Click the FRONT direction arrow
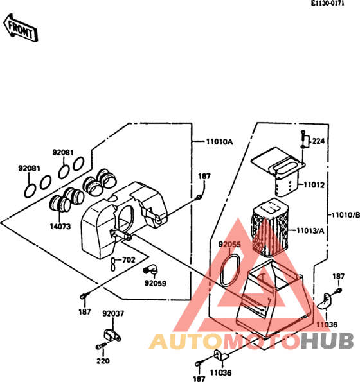click(21, 28)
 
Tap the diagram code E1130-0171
click(327, 4)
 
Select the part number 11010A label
click(219, 141)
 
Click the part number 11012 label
click(314, 185)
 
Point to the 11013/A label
click(310, 230)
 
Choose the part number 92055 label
click(230, 244)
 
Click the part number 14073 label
click(60, 227)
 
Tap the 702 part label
click(129, 260)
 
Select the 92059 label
click(156, 283)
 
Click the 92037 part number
click(113, 313)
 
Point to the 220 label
click(103, 361)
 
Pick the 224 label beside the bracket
click(318, 141)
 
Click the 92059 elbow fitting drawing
click(150, 270)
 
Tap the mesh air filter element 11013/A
click(269, 229)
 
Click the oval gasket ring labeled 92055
click(230, 270)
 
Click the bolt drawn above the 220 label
click(101, 346)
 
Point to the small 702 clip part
click(113, 264)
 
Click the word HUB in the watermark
click(327, 341)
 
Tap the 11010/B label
click(346, 215)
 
